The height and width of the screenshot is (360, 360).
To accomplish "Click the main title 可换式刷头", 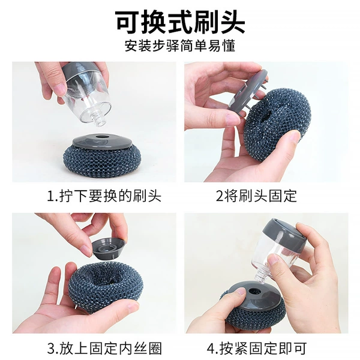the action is click(x=180, y=22).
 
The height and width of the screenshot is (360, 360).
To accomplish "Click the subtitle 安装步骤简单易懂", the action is click(x=180, y=46).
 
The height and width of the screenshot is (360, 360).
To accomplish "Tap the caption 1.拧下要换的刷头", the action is click(x=104, y=196).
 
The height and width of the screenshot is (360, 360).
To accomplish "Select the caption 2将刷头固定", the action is click(x=256, y=196).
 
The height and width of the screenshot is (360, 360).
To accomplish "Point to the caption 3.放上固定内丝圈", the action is click(x=104, y=348).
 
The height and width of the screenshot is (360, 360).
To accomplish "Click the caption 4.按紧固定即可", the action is click(x=257, y=348).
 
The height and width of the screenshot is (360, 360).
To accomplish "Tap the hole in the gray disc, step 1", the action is click(x=101, y=137).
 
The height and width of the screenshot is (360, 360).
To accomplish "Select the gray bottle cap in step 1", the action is click(x=79, y=68).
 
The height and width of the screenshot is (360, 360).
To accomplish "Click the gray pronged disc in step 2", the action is click(x=248, y=90).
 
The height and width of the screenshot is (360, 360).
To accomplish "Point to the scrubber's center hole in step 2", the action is click(x=268, y=116).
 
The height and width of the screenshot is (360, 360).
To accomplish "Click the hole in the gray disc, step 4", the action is click(x=254, y=292).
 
